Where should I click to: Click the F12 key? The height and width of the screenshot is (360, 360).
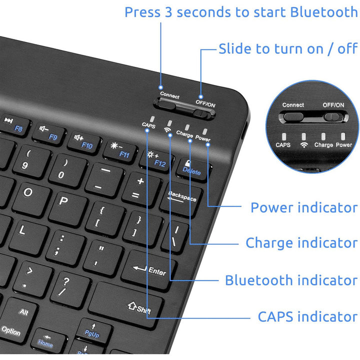pyautogui.click(x=157, y=160)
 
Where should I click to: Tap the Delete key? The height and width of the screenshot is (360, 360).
pyautogui.click(x=193, y=169)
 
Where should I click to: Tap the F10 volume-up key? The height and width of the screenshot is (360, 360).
pyautogui.click(x=84, y=142)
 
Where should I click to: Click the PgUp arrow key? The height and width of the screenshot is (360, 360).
pyautogui.click(x=93, y=331)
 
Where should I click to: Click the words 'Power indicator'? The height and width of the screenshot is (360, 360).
pyautogui.click(x=304, y=207)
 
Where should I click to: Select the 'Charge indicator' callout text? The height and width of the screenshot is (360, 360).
pyautogui.click(x=301, y=243)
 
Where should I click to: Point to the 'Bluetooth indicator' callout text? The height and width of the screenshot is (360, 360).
pyautogui.click(x=291, y=280)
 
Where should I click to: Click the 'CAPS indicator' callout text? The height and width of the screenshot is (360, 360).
pyautogui.click(x=307, y=316)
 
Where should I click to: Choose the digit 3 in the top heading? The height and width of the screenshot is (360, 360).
pyautogui.click(x=168, y=12)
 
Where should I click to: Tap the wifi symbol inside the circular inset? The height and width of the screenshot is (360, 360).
pyautogui.click(x=304, y=144)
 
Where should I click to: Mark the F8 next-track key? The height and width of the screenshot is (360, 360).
pyautogui.click(x=14, y=125)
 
